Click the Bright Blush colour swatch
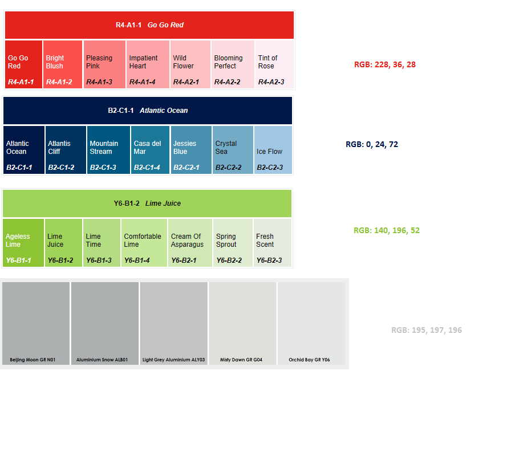click(63, 64)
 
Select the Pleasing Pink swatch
click(104, 64)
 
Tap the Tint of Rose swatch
click(274, 64)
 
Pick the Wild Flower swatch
click(190, 64)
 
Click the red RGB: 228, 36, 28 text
click(385, 65)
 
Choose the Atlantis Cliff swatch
click(66, 150)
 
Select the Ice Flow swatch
click(273, 150)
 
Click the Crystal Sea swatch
click(233, 150)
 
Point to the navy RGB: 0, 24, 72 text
click(372, 145)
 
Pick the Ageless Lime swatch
click(23, 242)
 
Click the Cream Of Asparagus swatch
click(190, 242)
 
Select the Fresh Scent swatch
click(272, 242)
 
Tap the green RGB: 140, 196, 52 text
click(387, 231)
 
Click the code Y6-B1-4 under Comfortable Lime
click(137, 260)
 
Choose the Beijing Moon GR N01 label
click(33, 360)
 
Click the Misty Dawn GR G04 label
click(241, 360)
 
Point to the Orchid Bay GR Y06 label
click(309, 360)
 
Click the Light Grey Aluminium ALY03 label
click(173, 360)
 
